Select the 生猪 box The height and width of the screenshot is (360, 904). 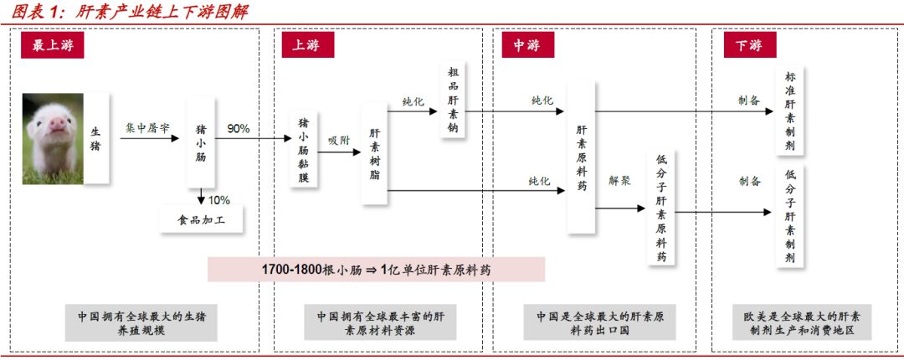(95, 138)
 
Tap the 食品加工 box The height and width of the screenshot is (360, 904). (202, 221)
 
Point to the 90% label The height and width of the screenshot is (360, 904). (238, 129)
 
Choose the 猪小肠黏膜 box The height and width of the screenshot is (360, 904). (303, 151)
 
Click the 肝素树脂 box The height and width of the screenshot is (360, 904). (374, 154)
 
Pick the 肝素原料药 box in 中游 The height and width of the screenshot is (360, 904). (581, 157)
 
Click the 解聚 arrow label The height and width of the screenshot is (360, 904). (619, 180)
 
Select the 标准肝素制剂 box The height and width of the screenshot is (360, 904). (789, 112)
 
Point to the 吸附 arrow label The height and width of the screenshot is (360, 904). (338, 141)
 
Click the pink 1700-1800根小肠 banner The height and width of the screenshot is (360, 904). (376, 270)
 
